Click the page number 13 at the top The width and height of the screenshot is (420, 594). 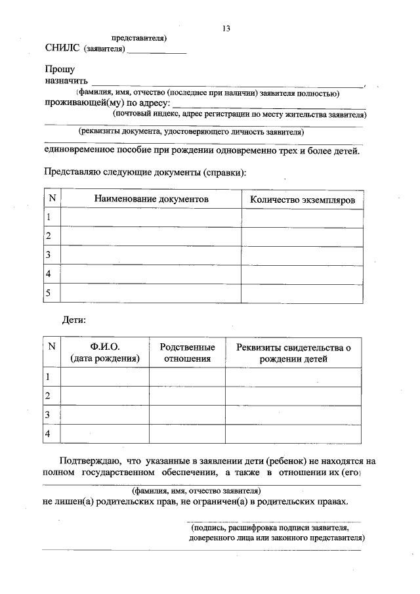[x=226, y=28]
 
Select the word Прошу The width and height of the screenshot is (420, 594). [x=60, y=69]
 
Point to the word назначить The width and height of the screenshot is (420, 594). [x=66, y=81]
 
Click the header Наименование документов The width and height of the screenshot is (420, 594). [x=151, y=198]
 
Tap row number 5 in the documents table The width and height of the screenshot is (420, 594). [x=48, y=293]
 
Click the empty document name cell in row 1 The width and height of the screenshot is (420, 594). [x=151, y=217]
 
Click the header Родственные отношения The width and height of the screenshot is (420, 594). [x=187, y=352]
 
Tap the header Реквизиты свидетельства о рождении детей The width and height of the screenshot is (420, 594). [x=293, y=352]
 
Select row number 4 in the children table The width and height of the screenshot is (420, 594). [x=47, y=435]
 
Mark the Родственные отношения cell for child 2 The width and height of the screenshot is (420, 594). [x=187, y=396]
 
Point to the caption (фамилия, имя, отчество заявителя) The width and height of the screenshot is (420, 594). [x=196, y=490]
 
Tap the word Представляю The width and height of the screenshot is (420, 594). [x=72, y=173]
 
